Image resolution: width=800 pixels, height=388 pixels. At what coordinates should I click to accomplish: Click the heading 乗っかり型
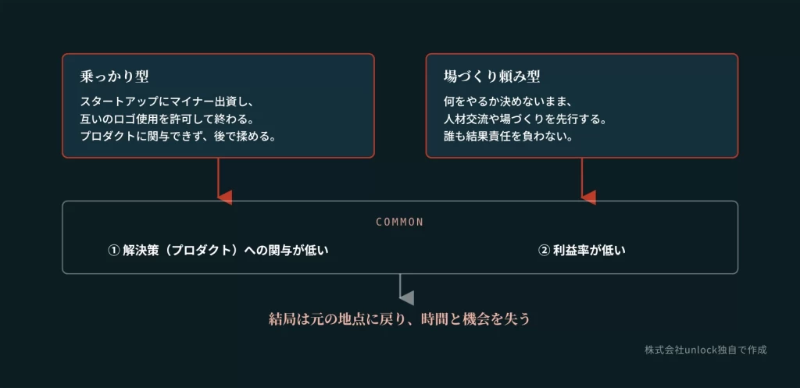coord(114,77)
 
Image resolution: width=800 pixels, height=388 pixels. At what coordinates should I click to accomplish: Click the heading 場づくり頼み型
coord(492,77)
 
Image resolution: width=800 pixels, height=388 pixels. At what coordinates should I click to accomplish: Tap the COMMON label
coord(400,222)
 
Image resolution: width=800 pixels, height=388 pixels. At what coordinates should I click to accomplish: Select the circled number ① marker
coord(113,251)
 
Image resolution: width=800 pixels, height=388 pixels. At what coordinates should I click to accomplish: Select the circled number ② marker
coord(544,251)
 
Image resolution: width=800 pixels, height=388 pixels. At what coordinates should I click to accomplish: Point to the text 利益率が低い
coord(589,251)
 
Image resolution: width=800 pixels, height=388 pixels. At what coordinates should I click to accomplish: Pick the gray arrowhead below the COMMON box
coord(406,297)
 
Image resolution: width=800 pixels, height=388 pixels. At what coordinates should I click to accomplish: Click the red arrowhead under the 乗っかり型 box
coord(225,198)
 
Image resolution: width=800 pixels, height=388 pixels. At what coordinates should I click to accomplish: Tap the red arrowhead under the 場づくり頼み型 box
coord(589,198)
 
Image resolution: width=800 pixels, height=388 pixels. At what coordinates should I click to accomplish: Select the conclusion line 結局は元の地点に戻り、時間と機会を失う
coord(399,319)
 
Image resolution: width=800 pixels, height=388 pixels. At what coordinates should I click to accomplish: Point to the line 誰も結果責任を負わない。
coord(508,137)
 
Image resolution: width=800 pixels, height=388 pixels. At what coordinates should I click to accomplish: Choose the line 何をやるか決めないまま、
coord(502,101)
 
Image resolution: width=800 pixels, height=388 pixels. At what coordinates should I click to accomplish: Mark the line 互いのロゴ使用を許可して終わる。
coord(167,119)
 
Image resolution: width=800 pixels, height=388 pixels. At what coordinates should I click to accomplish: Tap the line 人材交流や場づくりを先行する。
coord(525,119)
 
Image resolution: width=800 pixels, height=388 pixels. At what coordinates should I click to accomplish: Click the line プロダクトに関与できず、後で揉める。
coord(178,137)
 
